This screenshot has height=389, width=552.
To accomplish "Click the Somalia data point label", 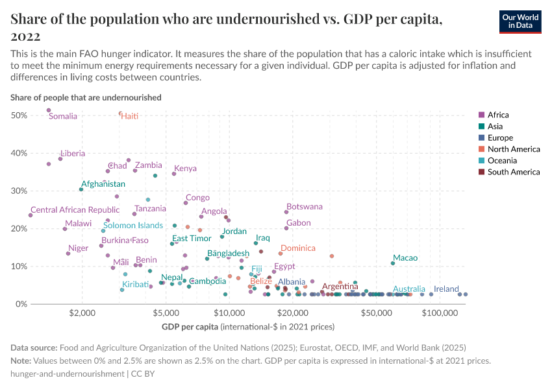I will point(63,117).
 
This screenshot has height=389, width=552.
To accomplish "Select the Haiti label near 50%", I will point(129,116).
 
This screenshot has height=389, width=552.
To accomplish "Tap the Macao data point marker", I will point(393,263).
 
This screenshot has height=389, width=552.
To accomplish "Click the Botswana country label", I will point(304,207).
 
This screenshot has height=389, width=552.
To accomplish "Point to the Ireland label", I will point(446,289).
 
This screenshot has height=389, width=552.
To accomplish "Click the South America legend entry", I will point(513,172).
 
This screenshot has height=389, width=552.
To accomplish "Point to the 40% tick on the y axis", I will point(19,153).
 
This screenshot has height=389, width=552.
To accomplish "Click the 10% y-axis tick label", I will point(19,266).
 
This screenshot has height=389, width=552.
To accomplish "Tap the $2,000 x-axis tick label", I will point(82,314).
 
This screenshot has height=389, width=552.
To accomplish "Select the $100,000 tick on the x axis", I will point(440,314).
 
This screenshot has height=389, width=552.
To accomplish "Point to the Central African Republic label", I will point(75,210).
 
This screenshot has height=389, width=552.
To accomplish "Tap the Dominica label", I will point(297,248).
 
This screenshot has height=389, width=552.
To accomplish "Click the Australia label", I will point(409,289).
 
